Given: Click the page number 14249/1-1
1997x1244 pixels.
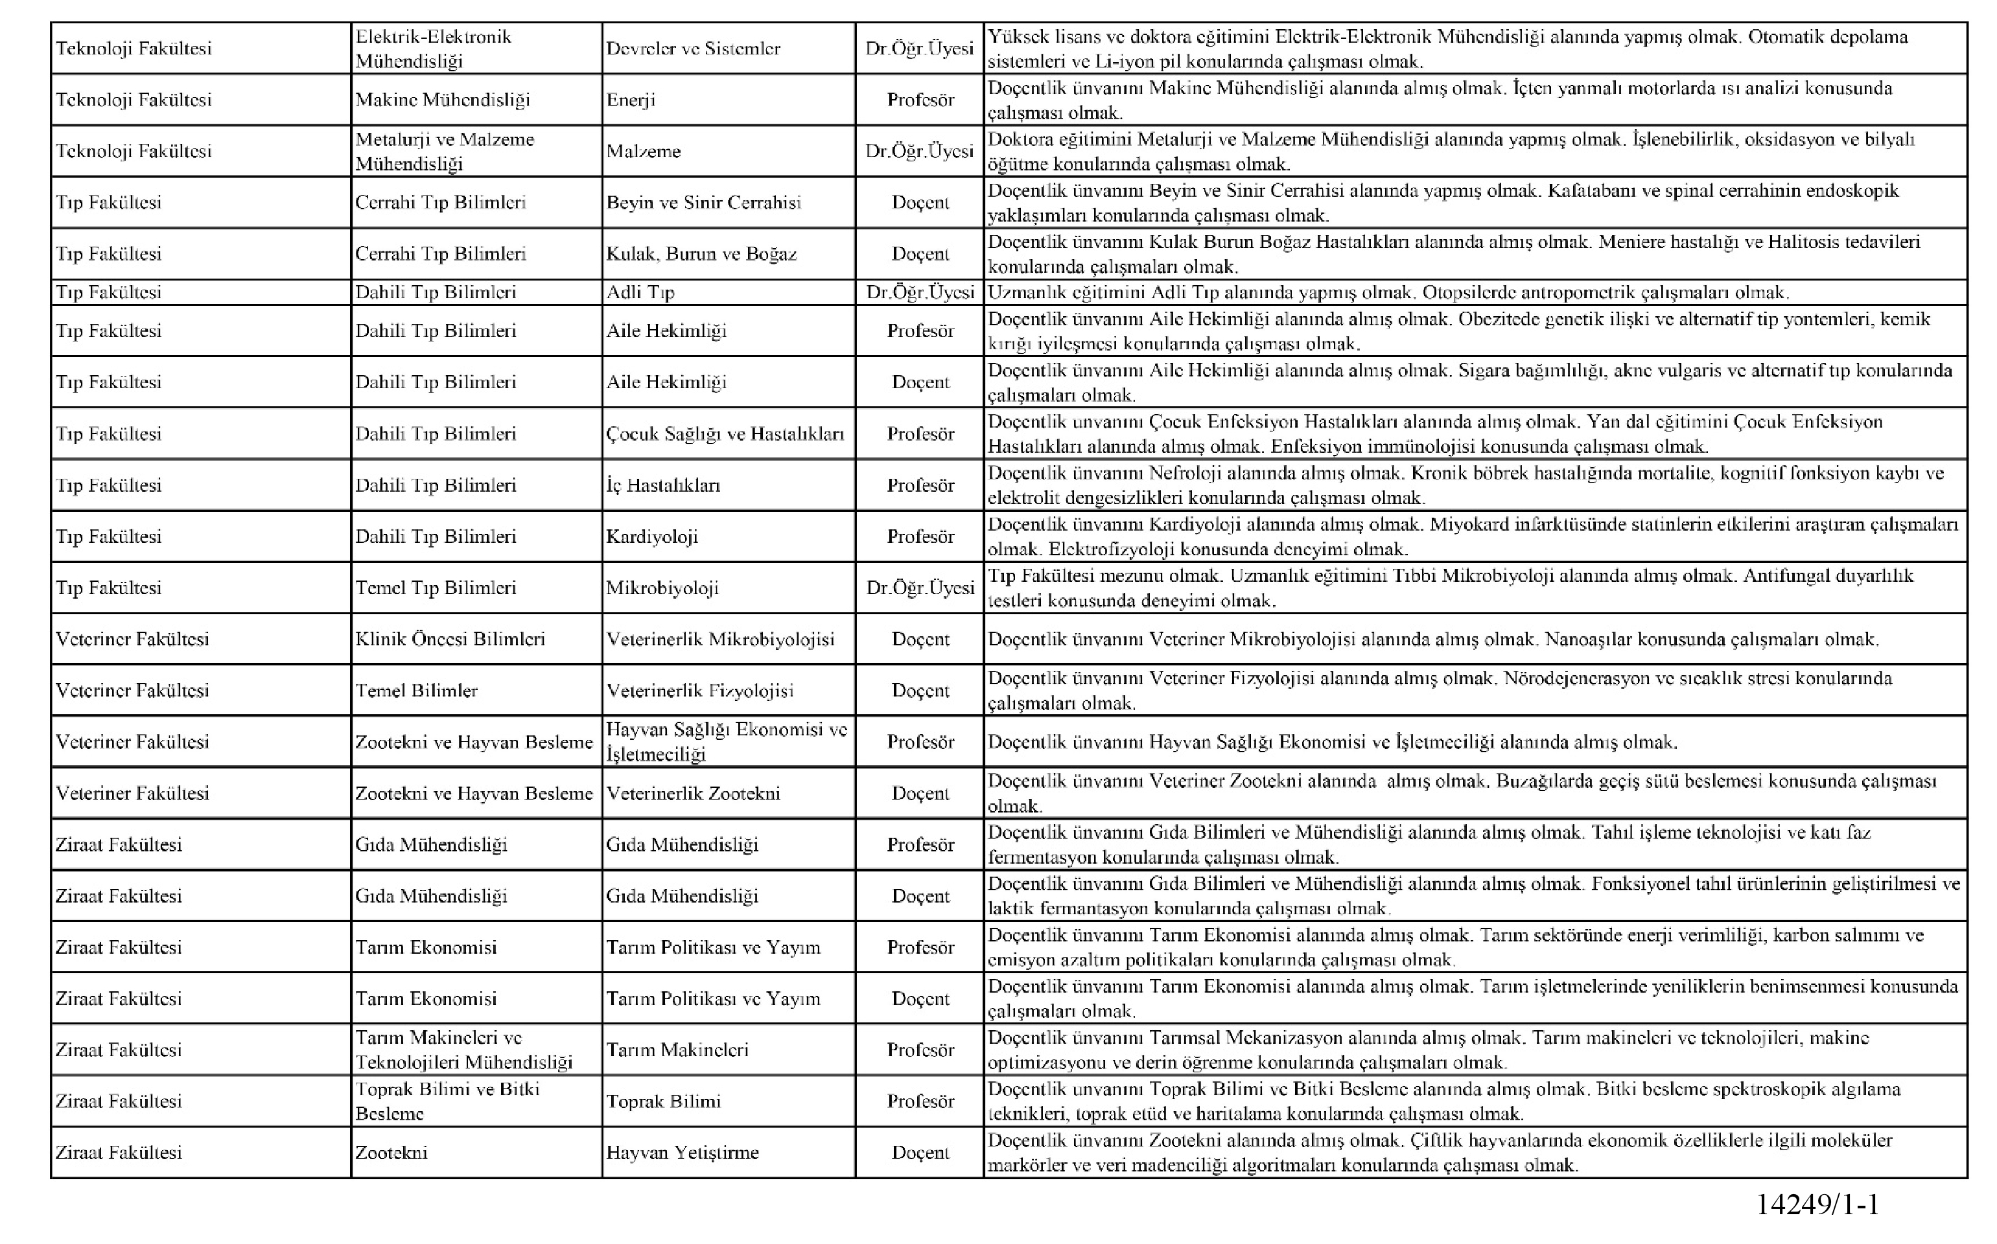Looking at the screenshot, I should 1817,1205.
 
